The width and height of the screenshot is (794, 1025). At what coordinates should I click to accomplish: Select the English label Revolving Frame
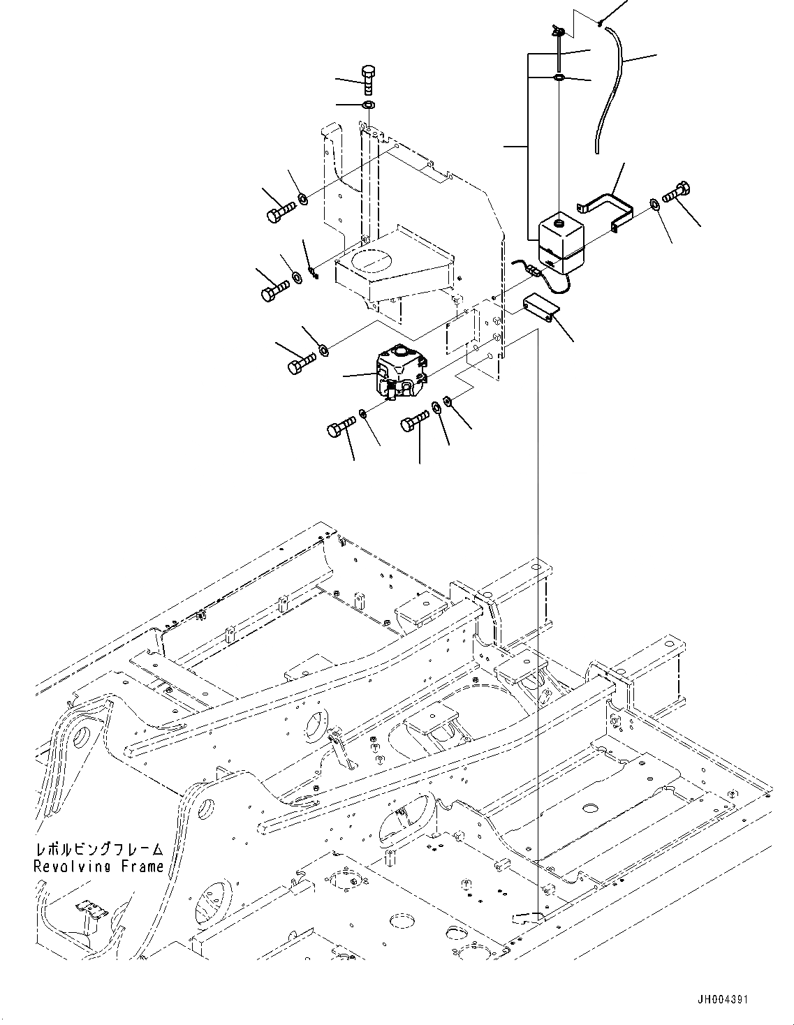98,867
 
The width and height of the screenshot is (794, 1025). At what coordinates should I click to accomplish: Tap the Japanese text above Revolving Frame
98,850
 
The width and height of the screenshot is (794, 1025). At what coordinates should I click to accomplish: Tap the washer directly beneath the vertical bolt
369,105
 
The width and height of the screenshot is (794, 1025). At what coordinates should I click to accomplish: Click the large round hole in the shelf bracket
374,260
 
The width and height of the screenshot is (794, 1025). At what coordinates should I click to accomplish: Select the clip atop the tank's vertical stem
557,29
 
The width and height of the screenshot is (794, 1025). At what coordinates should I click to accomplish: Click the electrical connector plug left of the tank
533,270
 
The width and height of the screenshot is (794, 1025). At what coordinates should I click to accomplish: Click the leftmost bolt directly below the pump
341,427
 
